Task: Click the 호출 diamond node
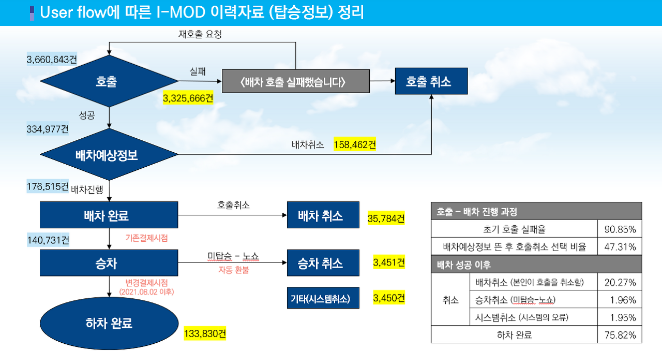point(109,81)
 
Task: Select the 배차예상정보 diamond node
point(109,154)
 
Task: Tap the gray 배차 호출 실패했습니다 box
point(295,81)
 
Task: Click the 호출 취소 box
point(431,81)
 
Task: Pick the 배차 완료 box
point(109,215)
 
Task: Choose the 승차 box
point(109,263)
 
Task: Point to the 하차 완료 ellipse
point(109,323)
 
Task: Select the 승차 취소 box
point(323,263)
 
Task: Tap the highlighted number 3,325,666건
point(188,98)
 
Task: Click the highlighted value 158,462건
point(355,144)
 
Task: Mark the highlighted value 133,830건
point(205,333)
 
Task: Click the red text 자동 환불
point(233,270)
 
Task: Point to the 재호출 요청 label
point(200,35)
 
